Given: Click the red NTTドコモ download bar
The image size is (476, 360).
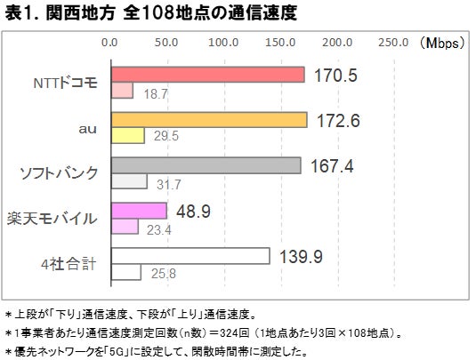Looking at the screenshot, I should click(x=207, y=75).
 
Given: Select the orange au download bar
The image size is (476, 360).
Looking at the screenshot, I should click(x=208, y=120).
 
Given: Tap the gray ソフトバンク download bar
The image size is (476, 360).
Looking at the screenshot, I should click(x=206, y=165).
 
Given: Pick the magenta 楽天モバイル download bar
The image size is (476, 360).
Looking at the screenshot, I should click(x=138, y=211).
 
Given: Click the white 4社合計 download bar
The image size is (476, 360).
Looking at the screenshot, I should click(x=190, y=256).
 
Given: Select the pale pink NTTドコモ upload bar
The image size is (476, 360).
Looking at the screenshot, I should click(x=121, y=90).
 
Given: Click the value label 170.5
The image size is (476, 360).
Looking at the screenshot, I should click(x=335, y=76).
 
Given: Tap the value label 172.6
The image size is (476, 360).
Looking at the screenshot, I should click(x=338, y=121).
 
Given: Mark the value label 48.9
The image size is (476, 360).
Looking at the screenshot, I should click(x=192, y=211).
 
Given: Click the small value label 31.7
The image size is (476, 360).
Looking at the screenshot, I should click(x=167, y=184).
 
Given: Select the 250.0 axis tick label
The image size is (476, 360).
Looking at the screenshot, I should click(x=393, y=41).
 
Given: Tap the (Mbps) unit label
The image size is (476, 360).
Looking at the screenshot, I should click(x=443, y=41).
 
